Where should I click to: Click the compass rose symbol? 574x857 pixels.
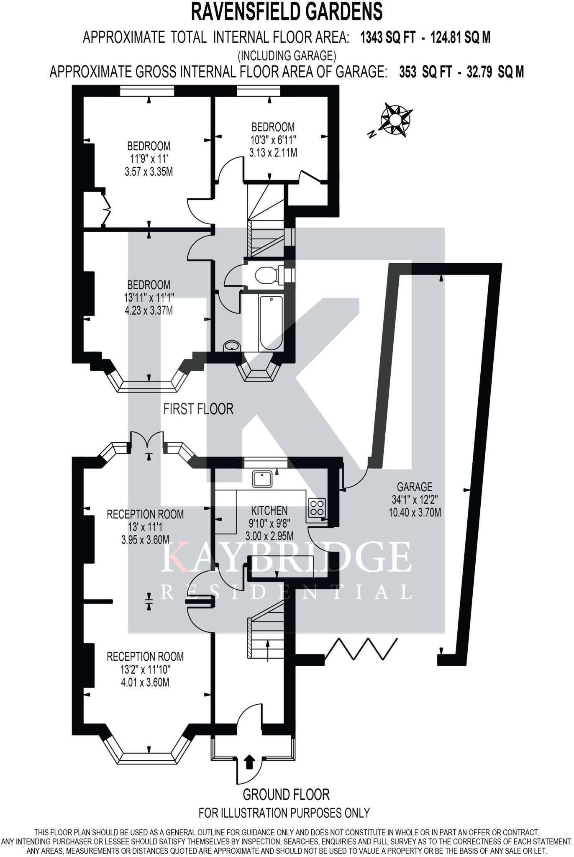coord(395,119)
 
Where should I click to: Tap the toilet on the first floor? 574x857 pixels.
coord(266,275)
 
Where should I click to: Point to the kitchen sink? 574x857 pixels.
coord(262,479)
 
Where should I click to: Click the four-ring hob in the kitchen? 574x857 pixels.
coord(317,507)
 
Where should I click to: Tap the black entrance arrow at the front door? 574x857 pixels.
coord(249,762)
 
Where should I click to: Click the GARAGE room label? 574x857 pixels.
coord(415,487)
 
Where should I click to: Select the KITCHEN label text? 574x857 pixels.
coord(269,510)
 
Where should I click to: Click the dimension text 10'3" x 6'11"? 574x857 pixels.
coord(273,139)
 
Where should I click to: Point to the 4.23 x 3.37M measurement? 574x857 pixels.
coord(149,310)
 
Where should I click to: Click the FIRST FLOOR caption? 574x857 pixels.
coord(198,409)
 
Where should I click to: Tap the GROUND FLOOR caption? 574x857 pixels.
coord(286,794)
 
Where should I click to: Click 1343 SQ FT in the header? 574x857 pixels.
coord(388,38)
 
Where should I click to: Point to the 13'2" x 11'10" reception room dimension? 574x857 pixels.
coord(145,670)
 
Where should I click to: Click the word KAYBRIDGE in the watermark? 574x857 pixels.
coord(286,557)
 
